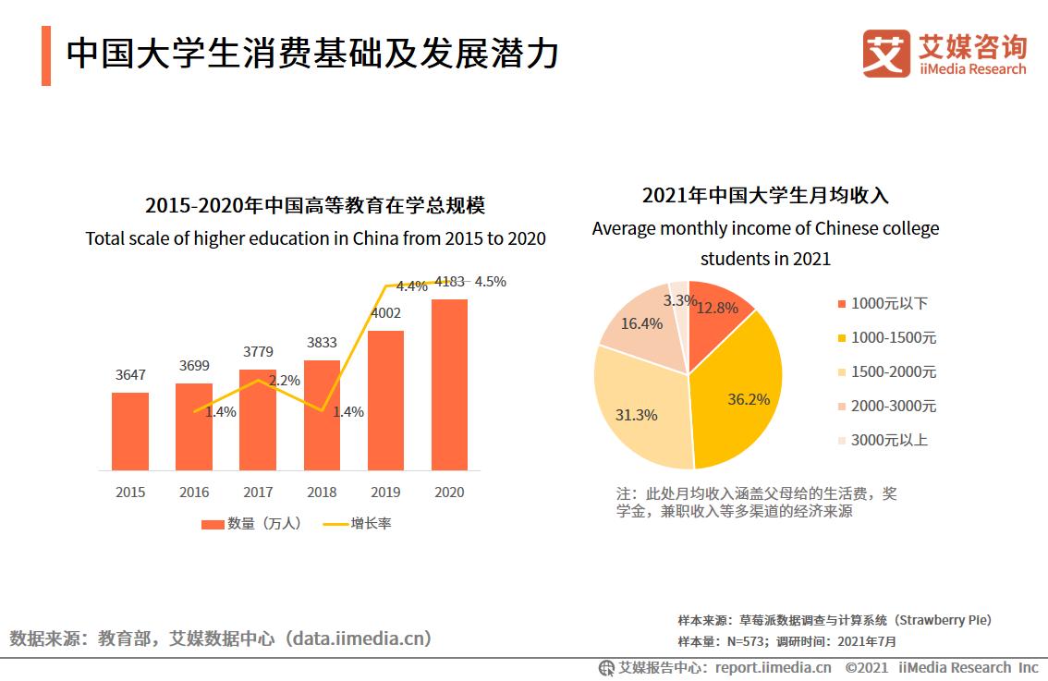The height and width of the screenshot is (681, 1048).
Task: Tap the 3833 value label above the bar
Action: (322, 343)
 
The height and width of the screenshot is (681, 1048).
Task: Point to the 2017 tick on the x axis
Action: (258, 493)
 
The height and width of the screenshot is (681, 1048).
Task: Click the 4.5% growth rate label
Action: (490, 282)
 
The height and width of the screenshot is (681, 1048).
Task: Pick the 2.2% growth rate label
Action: (285, 380)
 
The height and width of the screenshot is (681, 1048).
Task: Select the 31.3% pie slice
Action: (642, 411)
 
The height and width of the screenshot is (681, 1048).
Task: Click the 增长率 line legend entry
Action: (358, 524)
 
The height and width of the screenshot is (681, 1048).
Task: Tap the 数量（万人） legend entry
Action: (251, 524)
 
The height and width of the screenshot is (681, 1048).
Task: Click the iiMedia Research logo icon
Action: (886, 54)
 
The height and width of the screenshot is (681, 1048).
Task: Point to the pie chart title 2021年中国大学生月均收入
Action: (765, 196)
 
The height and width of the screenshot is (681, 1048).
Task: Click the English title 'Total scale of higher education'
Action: (315, 238)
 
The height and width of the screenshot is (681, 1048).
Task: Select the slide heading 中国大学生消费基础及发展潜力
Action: (312, 54)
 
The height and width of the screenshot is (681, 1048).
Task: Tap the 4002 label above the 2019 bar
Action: (385, 313)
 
